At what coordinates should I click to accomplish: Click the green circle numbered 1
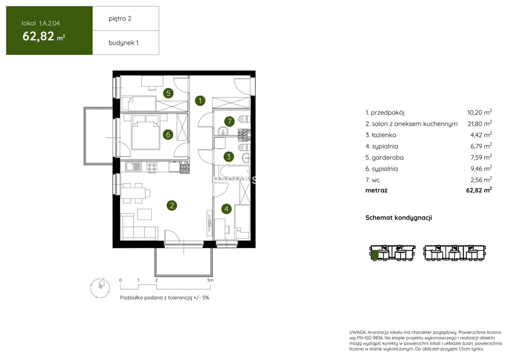[x=200, y=101]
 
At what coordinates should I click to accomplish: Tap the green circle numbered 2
[x=171, y=205]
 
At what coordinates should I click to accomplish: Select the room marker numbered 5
[x=168, y=93]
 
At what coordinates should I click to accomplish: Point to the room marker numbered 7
[x=229, y=121]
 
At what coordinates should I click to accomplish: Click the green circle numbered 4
[x=226, y=209]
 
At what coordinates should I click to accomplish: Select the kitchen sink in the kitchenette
[x=133, y=167]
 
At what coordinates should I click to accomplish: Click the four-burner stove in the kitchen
[x=152, y=167]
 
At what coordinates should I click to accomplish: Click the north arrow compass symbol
[x=100, y=287]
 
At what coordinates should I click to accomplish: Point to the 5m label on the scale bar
[x=210, y=280]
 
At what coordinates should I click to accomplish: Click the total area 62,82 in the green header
[x=38, y=36]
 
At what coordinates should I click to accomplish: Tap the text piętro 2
[x=120, y=19]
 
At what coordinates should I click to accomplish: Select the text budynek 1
[x=123, y=43]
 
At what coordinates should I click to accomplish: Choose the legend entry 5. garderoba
[x=384, y=157]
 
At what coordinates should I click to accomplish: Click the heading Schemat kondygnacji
[x=399, y=218]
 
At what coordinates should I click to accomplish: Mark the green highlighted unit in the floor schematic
[x=374, y=255]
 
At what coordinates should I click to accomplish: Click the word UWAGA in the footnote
[x=357, y=333]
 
